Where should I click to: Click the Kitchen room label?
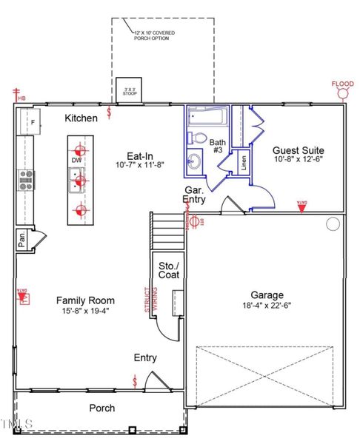click(81, 118)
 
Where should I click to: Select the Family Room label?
click(86, 300)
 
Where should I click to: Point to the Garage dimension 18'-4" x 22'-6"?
click(267, 305)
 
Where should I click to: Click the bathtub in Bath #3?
click(207, 116)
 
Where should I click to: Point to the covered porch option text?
click(151, 36)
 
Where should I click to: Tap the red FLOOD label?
click(342, 84)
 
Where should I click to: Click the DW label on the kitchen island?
click(77, 159)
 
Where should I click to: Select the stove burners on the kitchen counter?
click(25, 180)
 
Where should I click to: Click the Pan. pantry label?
click(23, 239)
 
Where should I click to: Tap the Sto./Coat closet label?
click(169, 270)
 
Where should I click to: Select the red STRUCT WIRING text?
click(148, 303)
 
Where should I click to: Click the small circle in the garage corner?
click(333, 223)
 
